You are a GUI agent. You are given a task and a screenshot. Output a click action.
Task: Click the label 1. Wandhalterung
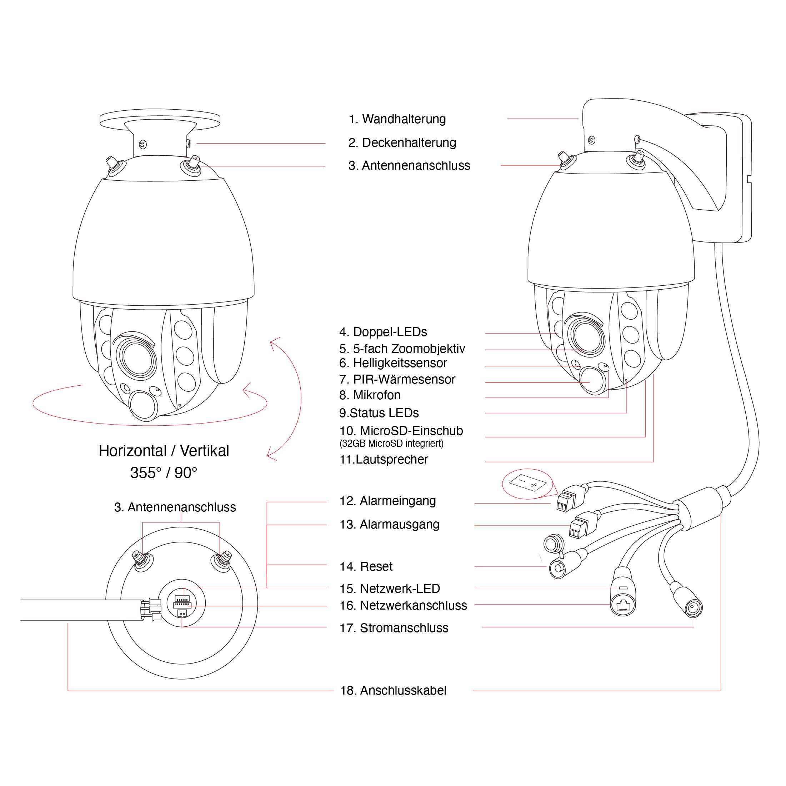coord(397,119)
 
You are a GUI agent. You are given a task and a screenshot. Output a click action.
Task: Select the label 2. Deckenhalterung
coord(402,143)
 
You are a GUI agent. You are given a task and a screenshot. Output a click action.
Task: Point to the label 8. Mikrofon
coord(370,395)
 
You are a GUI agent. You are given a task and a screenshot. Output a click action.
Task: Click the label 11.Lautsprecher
coord(384,459)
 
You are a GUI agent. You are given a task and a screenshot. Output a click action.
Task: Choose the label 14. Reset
coord(366,567)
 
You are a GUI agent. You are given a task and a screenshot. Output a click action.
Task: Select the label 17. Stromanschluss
coord(394,628)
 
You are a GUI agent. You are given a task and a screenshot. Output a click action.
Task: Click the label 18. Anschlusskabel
coord(393,690)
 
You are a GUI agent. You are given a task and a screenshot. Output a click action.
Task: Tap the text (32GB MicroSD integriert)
coord(391,444)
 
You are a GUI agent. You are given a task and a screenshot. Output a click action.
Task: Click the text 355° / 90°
coord(164,473)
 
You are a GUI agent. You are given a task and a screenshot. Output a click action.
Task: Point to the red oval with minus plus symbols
coord(528,484)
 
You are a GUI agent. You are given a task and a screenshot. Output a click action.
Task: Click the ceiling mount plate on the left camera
coord(160,119)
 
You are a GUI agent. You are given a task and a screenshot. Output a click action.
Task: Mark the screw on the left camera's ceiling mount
coord(143,144)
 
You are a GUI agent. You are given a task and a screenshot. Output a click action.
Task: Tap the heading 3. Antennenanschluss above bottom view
coord(175,507)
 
